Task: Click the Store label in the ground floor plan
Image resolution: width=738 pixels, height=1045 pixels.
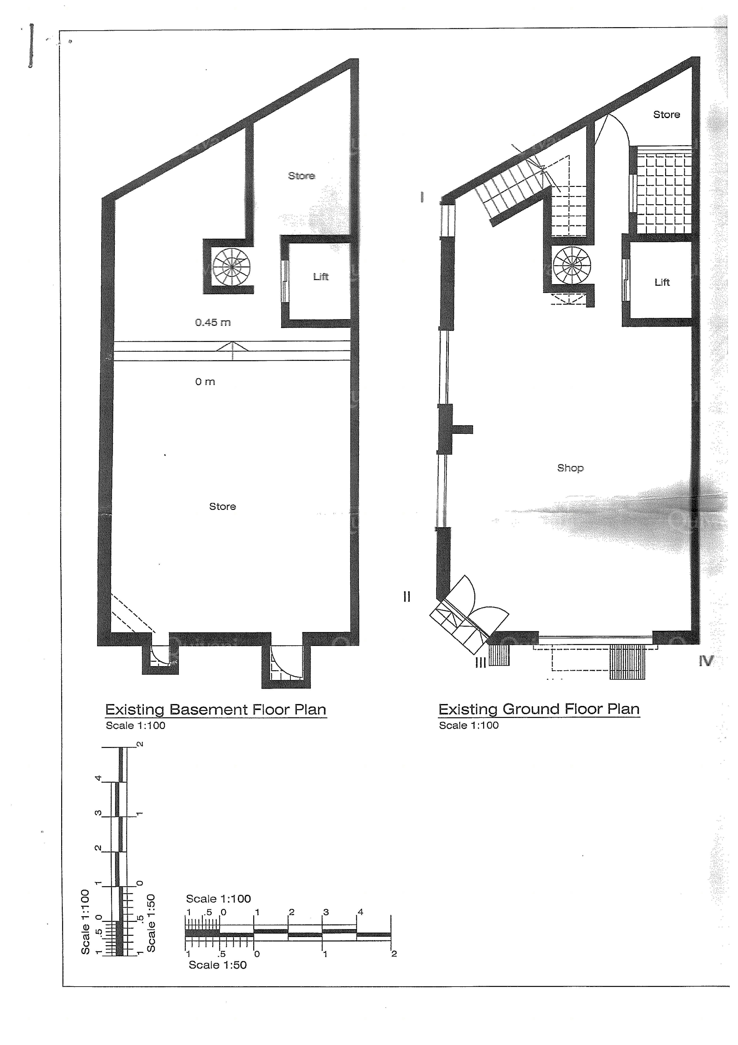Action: [x=667, y=115]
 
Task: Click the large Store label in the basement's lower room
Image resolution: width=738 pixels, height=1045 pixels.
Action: [x=222, y=507]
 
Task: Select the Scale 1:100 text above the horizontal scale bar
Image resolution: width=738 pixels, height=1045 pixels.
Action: [x=218, y=899]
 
